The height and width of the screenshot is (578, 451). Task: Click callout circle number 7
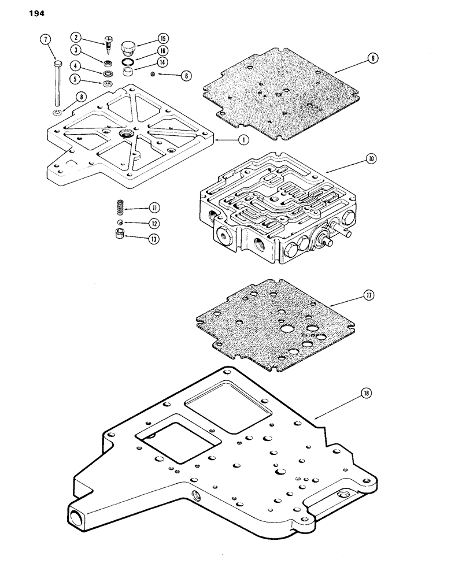point(46,39)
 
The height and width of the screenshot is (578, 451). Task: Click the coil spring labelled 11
point(119,207)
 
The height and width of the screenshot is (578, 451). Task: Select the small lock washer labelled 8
point(57,112)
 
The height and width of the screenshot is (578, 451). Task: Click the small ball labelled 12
point(119,223)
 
